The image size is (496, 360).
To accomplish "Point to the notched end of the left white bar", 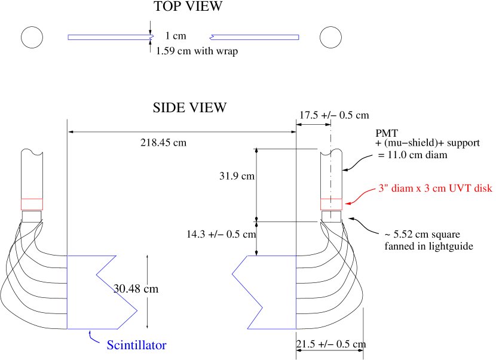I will coord(151,37).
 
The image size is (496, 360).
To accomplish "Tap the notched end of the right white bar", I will coord(212,37).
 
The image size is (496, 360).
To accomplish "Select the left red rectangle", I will coord(32,204).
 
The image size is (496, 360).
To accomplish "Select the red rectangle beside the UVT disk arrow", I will coord(331,204).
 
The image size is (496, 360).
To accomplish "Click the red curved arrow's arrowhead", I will coord(348,204).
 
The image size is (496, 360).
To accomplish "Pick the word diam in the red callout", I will coord(402,188).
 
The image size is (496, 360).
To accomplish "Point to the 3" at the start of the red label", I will coord(382,188).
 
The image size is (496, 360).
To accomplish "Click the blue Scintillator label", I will coord(136,345).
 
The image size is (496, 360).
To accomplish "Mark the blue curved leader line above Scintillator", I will coord(93,337).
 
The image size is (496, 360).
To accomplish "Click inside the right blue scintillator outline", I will coord(278,293).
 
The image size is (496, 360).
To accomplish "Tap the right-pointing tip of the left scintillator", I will coord(137,310).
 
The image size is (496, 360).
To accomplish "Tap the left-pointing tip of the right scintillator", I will coord(232,275).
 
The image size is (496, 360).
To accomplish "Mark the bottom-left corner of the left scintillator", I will coord(67,328).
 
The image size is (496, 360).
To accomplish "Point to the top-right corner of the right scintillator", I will coord(296,256).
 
